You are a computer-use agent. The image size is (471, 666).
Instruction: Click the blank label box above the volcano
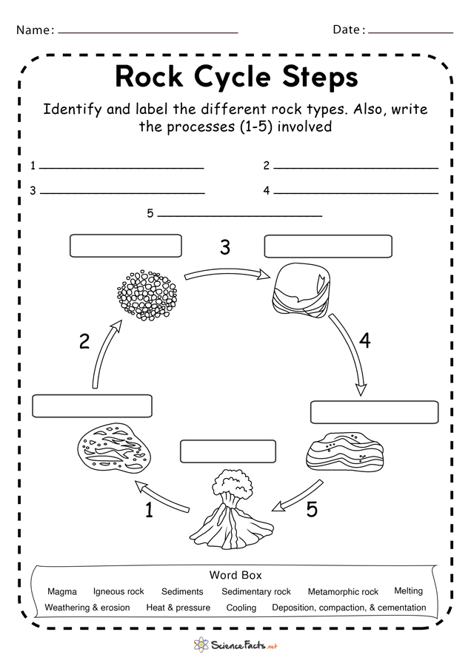tap(227, 451)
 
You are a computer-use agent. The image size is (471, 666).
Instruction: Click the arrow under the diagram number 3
tap(227, 275)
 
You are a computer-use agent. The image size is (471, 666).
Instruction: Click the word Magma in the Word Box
tap(61, 592)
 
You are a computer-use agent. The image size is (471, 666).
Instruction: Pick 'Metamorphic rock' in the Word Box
tap(343, 592)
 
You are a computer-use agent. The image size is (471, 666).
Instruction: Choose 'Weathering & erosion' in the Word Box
tap(87, 608)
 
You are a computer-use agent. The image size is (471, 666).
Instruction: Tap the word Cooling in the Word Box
tap(241, 608)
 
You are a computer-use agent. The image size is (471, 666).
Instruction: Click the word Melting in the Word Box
tap(408, 591)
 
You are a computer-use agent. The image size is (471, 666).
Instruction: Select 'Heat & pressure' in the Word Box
tap(178, 608)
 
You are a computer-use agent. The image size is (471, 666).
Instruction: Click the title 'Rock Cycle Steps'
tap(236, 76)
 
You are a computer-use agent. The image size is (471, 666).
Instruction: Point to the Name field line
tap(147, 33)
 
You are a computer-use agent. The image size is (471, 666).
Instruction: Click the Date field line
tap(410, 33)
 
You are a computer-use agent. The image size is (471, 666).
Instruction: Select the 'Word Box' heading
tap(235, 575)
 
